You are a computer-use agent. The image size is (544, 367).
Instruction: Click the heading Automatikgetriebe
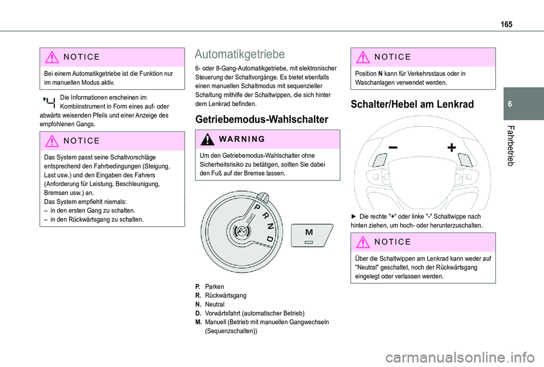pos(239,54)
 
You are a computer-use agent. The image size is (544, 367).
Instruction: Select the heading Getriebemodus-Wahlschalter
pos(253,119)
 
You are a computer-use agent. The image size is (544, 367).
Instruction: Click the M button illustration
pos(309,235)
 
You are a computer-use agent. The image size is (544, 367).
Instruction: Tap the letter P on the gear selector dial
pos(257,209)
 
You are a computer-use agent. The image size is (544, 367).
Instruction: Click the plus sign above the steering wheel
pos(452,148)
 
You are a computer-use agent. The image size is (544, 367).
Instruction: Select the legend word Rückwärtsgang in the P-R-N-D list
pos(225,296)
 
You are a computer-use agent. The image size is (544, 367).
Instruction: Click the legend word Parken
pos(214,287)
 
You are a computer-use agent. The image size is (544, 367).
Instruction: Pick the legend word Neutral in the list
pos(215,304)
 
